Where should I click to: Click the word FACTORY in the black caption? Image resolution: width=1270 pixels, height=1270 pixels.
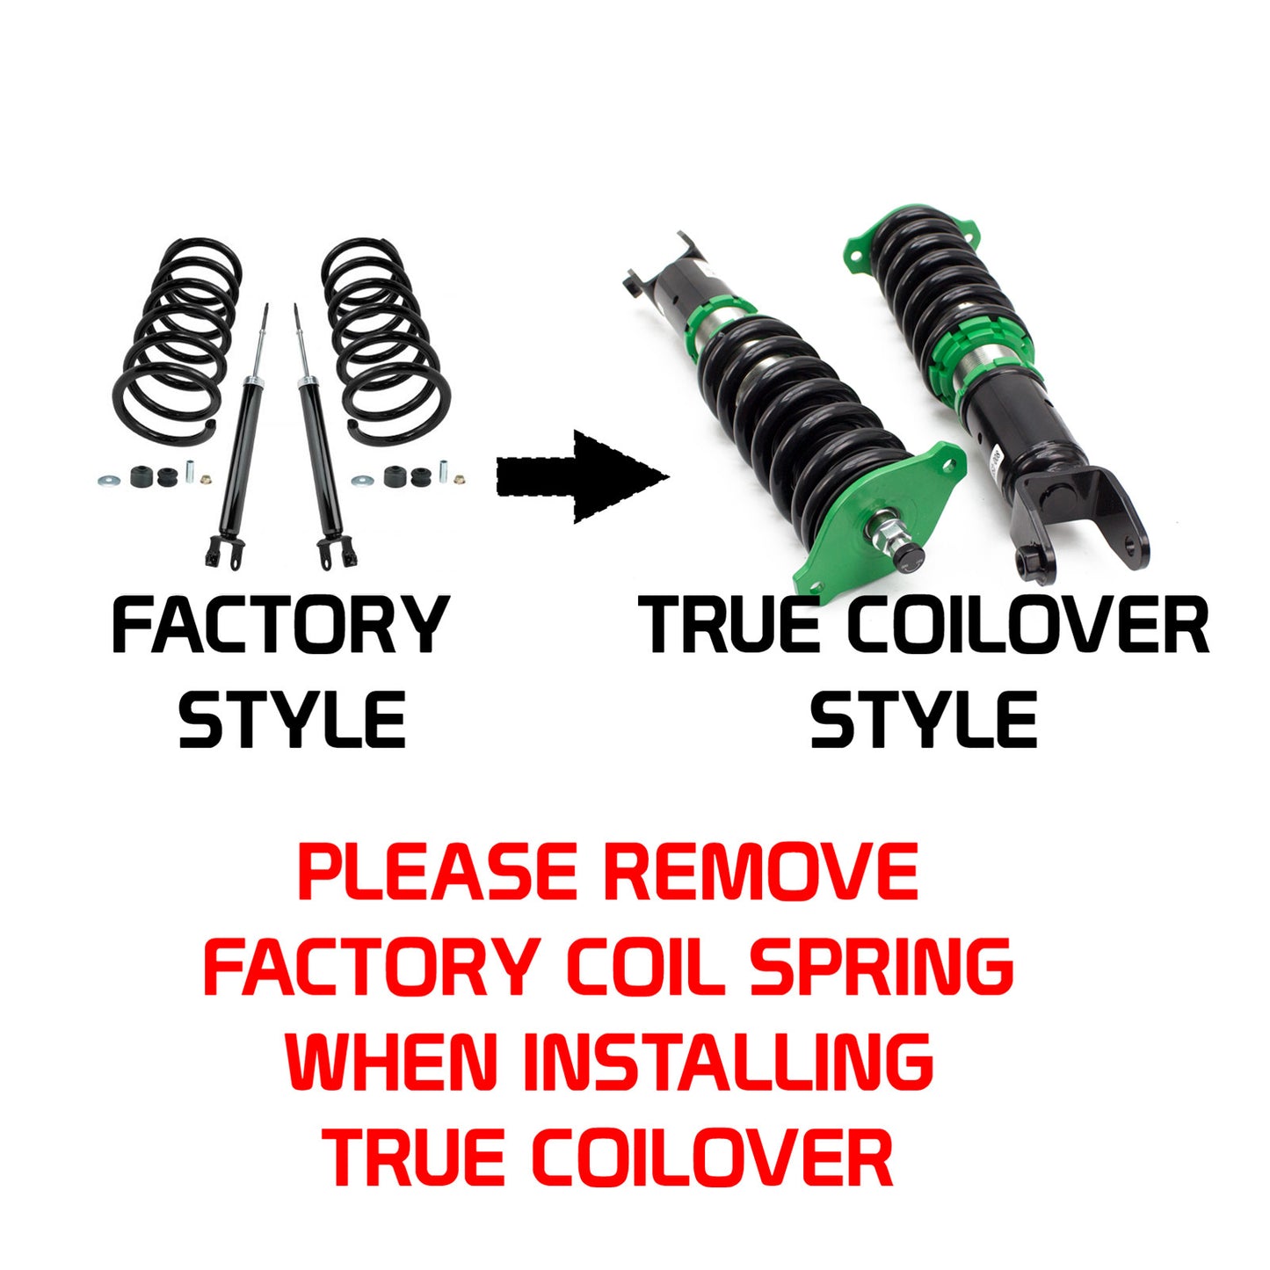click(x=279, y=625)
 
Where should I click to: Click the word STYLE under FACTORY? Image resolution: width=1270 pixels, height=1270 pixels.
click(x=292, y=719)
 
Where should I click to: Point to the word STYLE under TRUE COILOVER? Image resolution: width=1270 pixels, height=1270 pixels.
click(x=923, y=719)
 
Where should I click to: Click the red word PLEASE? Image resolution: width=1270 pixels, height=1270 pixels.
click(x=438, y=872)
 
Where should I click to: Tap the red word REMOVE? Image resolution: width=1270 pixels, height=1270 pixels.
click(x=760, y=872)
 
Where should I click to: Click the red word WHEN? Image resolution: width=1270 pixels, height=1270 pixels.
click(x=392, y=1061)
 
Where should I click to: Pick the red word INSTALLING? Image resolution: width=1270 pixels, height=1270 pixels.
click(x=728, y=1061)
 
